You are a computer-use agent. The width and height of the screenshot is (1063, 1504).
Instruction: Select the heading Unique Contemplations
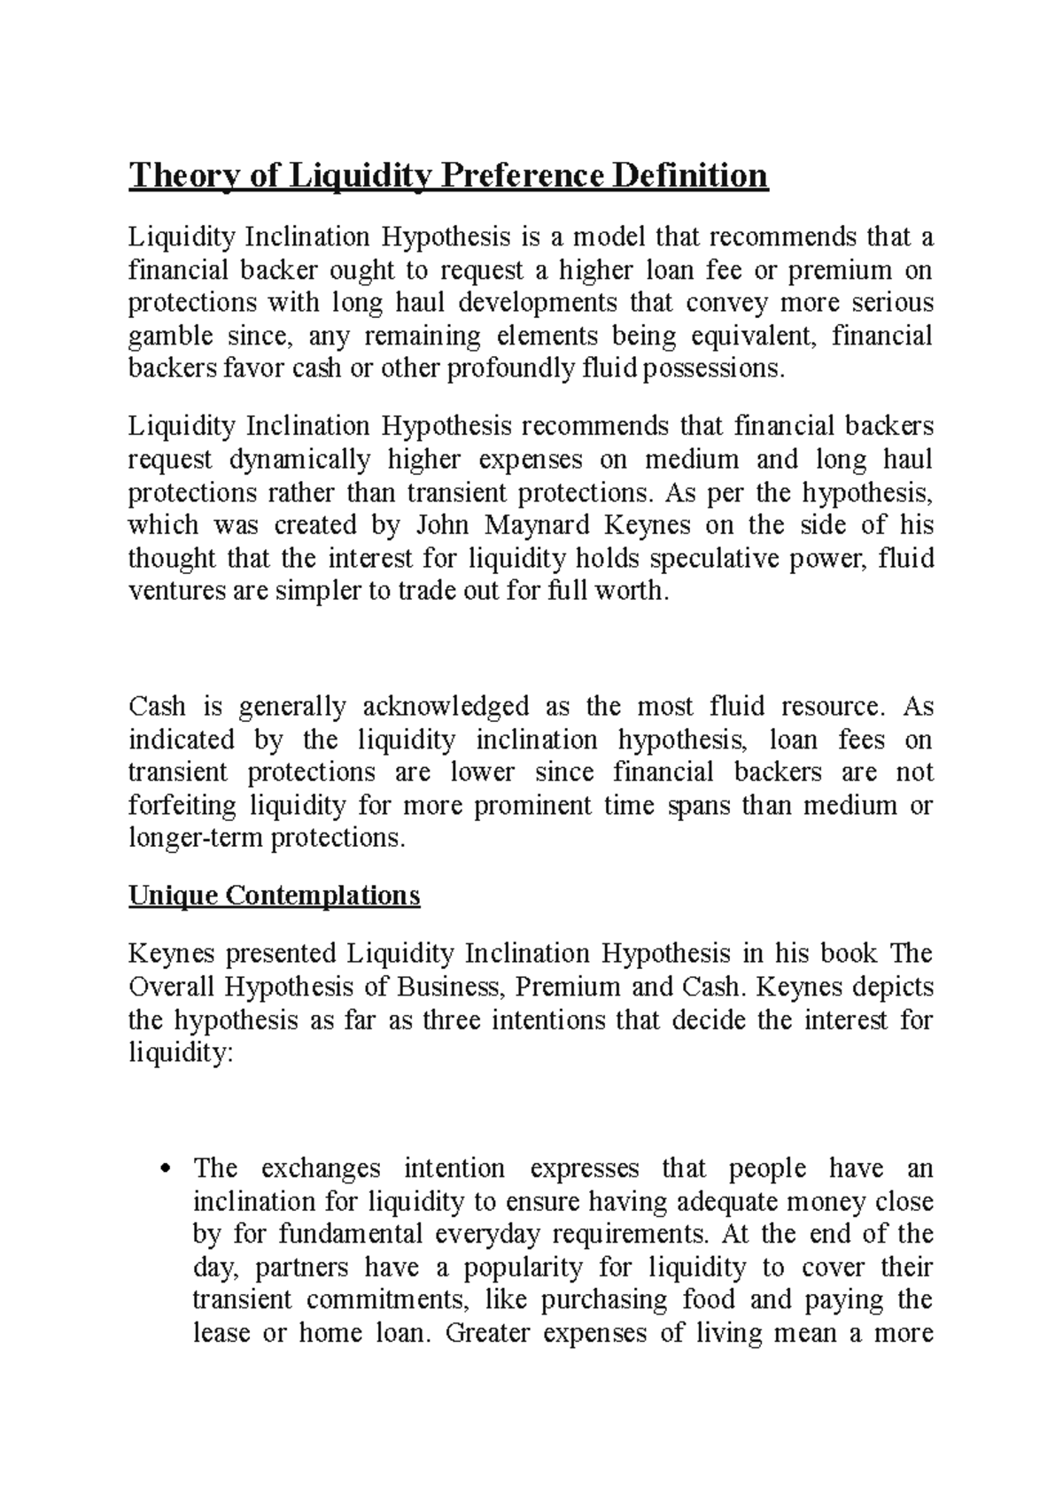pyautogui.click(x=274, y=895)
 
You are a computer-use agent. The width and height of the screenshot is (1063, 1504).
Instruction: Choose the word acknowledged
pyautogui.click(x=446, y=707)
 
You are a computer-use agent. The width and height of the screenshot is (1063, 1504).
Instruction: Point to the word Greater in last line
pyautogui.click(x=487, y=1334)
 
